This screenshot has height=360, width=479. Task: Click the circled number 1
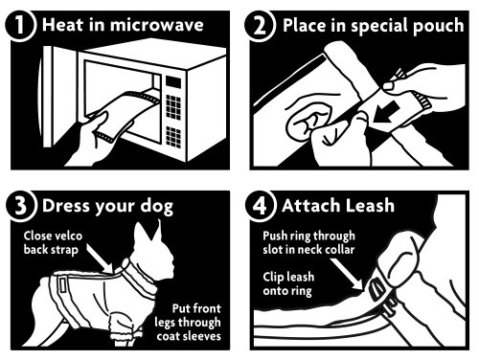coord(19,26)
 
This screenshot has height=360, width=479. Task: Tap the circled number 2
coord(259,26)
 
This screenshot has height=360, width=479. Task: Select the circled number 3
coord(20,206)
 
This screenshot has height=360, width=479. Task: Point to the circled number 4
coord(260,206)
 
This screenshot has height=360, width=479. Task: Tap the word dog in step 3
coord(157,207)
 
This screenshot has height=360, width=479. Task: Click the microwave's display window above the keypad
coord(173,82)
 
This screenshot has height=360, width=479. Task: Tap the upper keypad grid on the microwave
coord(173,106)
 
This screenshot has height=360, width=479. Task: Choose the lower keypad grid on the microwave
coord(173,136)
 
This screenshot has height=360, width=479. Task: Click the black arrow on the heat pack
coord(386,113)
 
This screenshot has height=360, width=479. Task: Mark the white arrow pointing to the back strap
coord(100,259)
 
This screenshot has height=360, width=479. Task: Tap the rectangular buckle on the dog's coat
coord(61,285)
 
